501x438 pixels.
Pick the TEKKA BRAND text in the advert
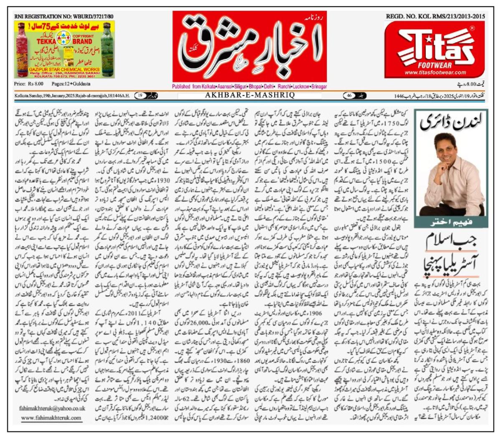53,42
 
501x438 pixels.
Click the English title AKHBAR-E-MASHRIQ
250,96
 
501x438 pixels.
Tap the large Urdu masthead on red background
250,46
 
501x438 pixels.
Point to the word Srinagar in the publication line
318,86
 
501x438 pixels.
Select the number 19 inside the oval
140,96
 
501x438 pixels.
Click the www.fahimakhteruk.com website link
51,417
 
